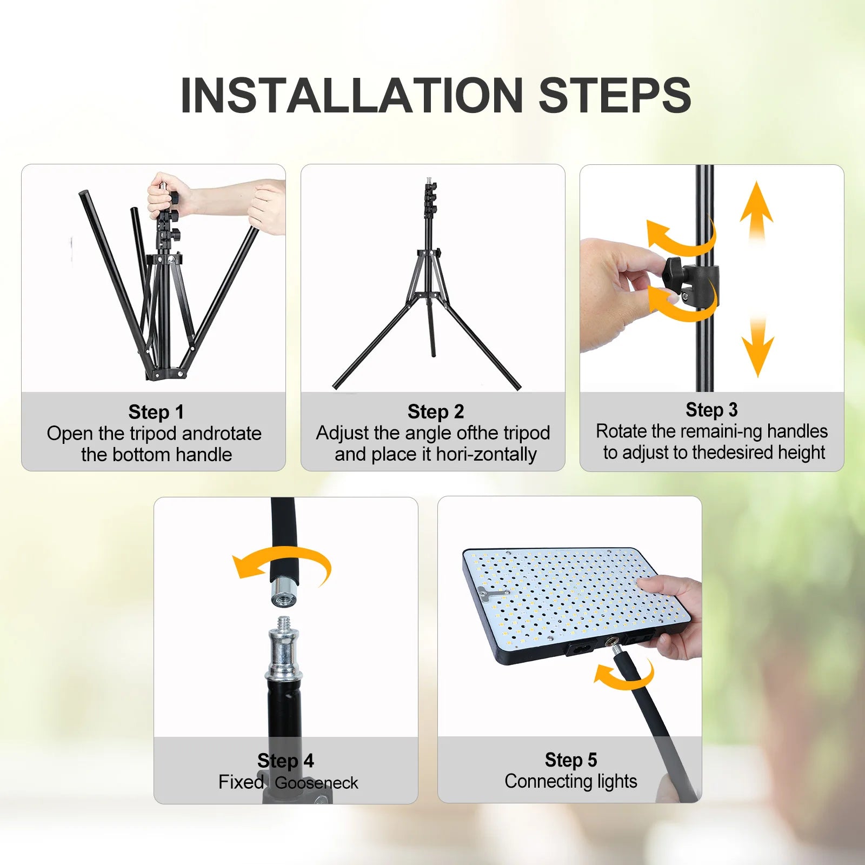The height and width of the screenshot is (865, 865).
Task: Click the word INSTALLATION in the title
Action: coord(351,96)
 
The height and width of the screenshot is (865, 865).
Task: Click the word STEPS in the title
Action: coord(615,96)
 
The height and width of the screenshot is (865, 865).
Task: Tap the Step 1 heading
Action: coord(156,412)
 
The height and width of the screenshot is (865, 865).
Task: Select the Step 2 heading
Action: coord(436,411)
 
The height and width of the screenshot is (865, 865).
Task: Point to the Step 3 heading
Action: coord(711,410)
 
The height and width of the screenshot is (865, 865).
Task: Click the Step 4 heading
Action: coord(285,761)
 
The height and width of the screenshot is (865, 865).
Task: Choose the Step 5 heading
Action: coord(571,760)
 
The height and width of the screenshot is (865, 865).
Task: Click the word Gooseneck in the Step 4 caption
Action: coord(316,783)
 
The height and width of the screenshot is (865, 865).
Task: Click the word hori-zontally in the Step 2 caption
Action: coord(486,454)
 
